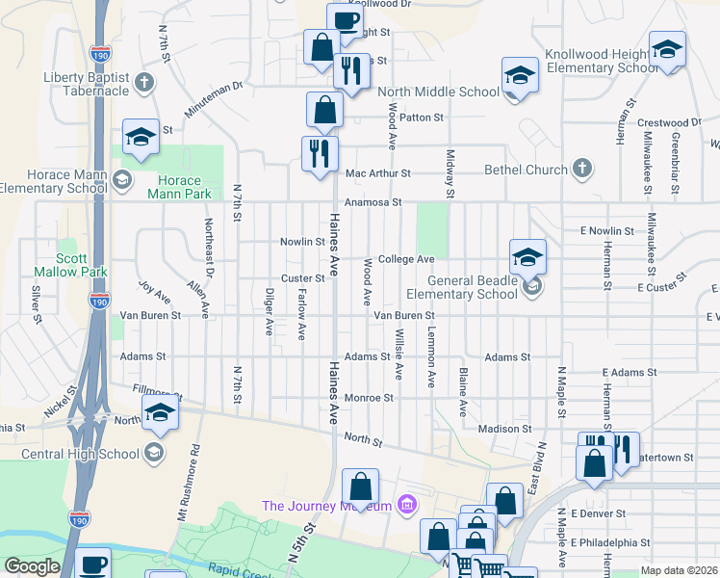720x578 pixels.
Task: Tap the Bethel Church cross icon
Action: pos(581,170)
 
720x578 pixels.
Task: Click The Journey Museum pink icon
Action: pos(406,505)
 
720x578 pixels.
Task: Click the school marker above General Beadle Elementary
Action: pos(527,256)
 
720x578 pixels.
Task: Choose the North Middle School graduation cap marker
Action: pos(519,76)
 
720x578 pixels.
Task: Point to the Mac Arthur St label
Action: pos(378,173)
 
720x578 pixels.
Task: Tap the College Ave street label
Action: pos(406,259)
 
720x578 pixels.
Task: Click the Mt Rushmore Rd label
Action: pos(188,482)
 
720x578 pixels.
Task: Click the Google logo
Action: pos(32,566)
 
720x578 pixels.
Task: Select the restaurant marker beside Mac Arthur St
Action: pos(320,153)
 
